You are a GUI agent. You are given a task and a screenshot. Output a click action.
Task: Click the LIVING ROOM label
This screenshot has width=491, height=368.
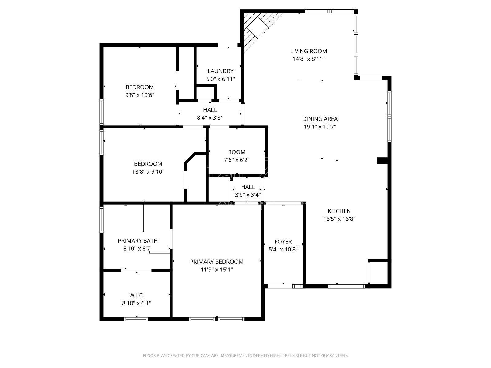[x=308, y=51]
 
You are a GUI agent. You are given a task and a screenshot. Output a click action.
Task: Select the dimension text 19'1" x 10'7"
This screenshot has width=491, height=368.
[x=320, y=127]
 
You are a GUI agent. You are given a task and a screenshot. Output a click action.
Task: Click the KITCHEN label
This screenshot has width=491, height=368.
[x=339, y=211]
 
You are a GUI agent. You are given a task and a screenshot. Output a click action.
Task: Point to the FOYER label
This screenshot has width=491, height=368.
[x=283, y=242]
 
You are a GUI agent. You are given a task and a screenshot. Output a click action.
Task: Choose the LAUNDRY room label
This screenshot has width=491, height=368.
[x=220, y=71]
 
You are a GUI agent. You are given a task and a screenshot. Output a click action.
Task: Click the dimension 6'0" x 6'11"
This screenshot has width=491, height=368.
[x=220, y=79]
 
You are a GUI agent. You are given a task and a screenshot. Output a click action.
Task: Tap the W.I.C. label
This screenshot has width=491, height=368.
[x=137, y=295]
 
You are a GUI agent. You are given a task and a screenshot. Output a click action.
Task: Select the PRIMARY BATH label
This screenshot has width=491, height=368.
[x=138, y=241]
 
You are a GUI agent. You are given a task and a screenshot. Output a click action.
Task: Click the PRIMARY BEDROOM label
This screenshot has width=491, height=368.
[x=217, y=262]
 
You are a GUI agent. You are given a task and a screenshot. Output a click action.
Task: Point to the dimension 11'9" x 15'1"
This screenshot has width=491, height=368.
[x=217, y=270]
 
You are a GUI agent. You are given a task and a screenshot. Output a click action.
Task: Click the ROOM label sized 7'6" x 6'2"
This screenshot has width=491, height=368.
[x=237, y=152]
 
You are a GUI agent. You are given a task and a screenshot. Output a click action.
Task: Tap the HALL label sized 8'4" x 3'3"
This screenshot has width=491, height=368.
[x=210, y=110]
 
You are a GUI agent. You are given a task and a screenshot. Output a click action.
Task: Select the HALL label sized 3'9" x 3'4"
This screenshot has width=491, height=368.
[x=248, y=187]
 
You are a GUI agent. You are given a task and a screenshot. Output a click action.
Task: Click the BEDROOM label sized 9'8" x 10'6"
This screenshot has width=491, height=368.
[x=140, y=87]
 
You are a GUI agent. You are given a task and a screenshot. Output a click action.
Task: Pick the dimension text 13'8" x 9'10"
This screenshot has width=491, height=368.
[x=148, y=172]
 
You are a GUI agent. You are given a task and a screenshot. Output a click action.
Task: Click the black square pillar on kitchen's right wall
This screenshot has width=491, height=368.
[x=382, y=161]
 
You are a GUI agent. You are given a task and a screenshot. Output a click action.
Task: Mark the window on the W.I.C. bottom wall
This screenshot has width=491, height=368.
[x=136, y=319]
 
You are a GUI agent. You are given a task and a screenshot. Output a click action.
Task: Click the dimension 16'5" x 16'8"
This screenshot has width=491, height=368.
[x=339, y=219]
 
